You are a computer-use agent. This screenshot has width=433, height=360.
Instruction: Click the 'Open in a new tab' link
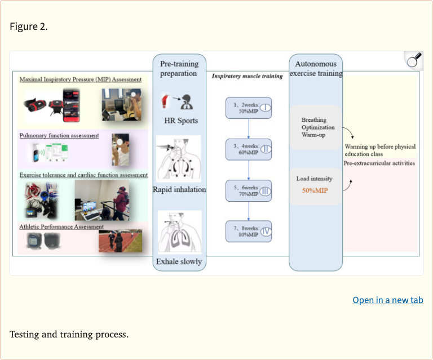coord(387,300)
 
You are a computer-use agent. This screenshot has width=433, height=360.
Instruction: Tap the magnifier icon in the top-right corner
coord(413,61)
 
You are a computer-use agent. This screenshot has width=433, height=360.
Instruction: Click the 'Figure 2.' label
coord(29,27)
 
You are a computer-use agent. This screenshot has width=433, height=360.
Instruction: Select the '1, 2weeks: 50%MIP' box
coord(248,107)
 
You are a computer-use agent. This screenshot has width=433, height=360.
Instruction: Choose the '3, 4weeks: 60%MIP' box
coord(248,149)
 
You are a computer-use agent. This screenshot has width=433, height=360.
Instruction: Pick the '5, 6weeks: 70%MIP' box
coord(248,191)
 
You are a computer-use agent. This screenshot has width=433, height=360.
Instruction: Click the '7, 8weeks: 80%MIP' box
coord(248,232)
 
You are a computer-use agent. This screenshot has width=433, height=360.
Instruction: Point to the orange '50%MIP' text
coord(315,190)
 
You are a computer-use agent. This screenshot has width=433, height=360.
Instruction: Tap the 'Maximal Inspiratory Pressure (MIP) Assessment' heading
coord(81,79)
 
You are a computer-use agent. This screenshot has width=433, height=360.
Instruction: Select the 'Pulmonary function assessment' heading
coord(59,136)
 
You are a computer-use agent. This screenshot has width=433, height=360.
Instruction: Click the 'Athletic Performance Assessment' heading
coord(62,226)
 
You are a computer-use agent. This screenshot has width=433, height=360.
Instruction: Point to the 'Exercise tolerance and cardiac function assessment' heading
coord(83,175)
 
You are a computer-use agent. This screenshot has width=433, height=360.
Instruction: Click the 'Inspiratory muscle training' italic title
coord(247,76)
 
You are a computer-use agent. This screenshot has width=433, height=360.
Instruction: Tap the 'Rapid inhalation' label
coord(179,190)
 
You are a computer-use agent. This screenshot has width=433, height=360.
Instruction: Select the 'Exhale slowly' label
coord(179,261)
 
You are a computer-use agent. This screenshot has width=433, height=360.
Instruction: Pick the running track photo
coord(120,241)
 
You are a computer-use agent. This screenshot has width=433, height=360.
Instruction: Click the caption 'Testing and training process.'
coord(69,334)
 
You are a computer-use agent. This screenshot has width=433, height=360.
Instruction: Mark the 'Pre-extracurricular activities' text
coord(379,163)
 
